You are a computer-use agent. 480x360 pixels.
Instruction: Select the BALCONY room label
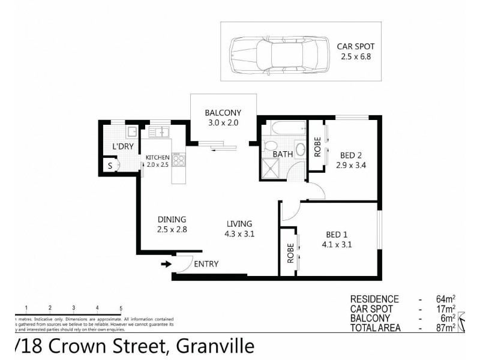coord(223,113)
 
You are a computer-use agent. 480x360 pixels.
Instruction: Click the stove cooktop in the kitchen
coord(178,160)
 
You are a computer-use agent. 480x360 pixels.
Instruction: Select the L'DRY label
coord(122,146)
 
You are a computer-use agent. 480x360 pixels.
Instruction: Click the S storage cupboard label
coord(110,165)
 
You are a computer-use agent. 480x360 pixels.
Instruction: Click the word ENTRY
coord(206,264)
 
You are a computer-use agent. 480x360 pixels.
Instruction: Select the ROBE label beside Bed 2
coord(317,147)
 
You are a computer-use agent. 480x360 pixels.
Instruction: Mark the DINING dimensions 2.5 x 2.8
coord(172,229)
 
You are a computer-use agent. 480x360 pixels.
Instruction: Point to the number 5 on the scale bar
coord(121,307)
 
